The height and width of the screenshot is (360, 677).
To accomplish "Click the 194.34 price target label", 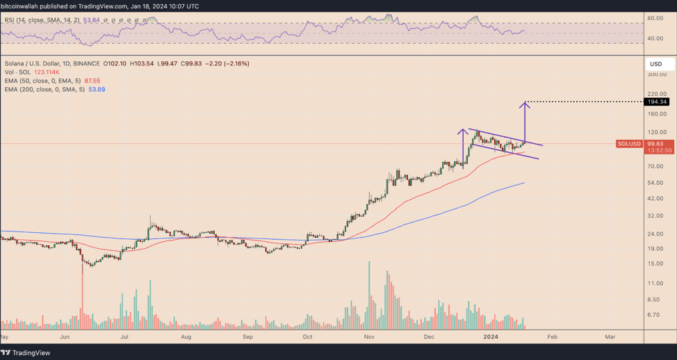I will click(x=657, y=102).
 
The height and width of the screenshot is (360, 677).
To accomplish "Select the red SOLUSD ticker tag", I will click(x=629, y=144).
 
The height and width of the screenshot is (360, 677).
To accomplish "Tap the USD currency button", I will click(x=656, y=64).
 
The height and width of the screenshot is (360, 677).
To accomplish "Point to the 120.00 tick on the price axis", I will click(x=656, y=132).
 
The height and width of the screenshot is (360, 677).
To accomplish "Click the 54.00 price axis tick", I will click(x=655, y=183).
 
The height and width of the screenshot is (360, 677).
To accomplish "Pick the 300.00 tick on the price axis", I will click(x=656, y=74).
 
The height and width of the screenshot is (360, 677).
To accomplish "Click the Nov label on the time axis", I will click(x=369, y=336).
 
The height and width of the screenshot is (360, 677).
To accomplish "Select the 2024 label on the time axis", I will click(x=491, y=336).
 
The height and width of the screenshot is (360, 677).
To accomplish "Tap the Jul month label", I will click(x=124, y=336).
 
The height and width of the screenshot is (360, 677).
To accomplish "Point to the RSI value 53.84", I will click(x=92, y=21).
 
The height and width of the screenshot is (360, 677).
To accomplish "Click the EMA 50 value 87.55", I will click(x=92, y=81).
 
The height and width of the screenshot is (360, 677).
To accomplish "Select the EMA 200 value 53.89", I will click(x=96, y=90).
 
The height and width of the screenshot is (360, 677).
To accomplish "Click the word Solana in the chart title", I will click(x=16, y=64).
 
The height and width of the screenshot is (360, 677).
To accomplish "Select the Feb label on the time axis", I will click(x=551, y=336).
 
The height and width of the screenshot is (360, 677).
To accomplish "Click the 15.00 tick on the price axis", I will click(x=655, y=263).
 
